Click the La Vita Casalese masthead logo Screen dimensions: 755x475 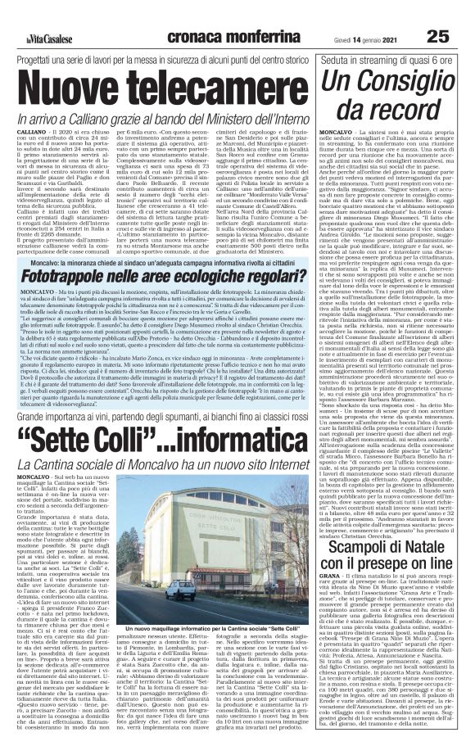coord(39,13)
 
